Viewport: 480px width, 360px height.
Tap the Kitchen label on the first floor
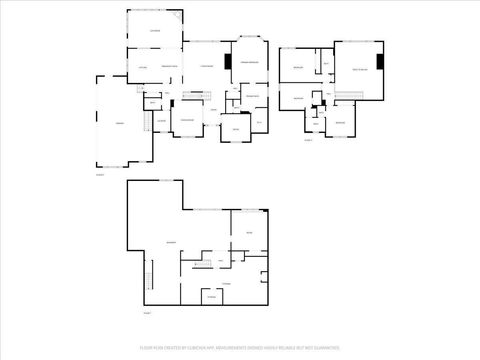[x=144, y=66]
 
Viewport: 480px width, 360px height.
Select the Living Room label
[x=207, y=66]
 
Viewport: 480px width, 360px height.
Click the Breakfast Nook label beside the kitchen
[x=169, y=66]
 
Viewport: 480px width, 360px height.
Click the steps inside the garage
[x=147, y=122]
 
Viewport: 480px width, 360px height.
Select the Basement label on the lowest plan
[x=171, y=242]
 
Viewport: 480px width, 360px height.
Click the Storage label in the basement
[x=211, y=297]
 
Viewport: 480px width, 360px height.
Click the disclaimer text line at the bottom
[x=240, y=349]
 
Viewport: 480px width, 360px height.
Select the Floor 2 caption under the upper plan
[x=308, y=141]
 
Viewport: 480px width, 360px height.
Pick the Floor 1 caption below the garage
[x=101, y=174]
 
